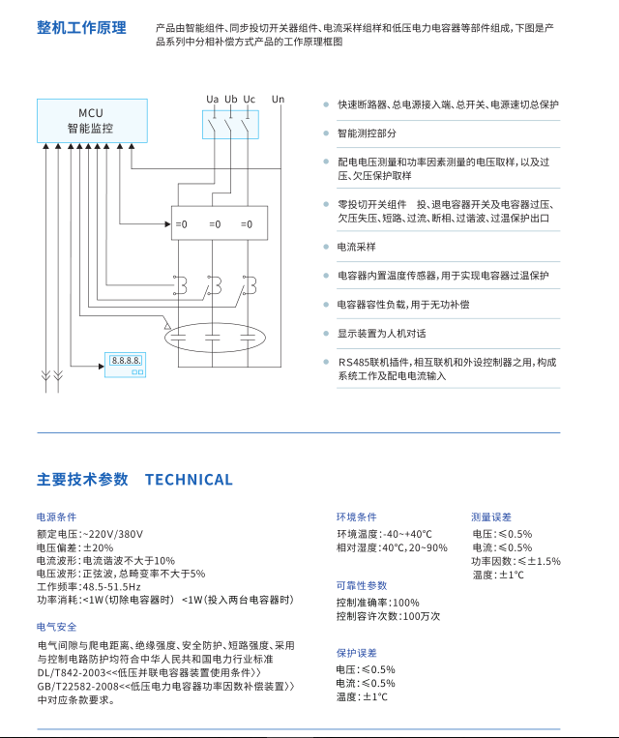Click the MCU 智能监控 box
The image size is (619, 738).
coord(91,120)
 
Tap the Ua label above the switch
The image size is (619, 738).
coord(212,100)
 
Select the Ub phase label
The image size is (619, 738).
coord(230,100)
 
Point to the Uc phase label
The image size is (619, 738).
coord(249,100)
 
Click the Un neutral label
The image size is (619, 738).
coord(279,100)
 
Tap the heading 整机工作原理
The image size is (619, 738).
coord(81,27)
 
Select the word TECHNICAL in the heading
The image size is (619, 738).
coord(189,480)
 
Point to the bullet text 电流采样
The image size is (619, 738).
coord(356,248)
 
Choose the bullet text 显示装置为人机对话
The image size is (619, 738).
coord(381,334)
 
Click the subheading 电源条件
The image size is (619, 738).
coord(56,517)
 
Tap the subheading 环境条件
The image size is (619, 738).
coord(356,517)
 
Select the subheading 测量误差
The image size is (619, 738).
coord(491,517)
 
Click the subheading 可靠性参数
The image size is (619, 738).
coord(362,585)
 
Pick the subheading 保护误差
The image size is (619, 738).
coord(356,653)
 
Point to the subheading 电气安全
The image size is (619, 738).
coord(56,627)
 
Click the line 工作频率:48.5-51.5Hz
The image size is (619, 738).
coord(89,587)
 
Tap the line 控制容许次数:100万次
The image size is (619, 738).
coord(388,616)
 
